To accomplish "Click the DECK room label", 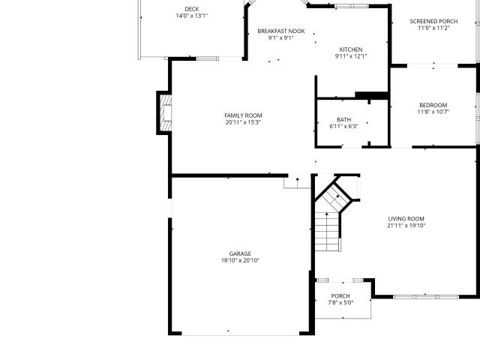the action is [192, 9].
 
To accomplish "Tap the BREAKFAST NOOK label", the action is [281, 31].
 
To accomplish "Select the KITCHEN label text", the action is [351, 49].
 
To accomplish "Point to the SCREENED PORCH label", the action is [433, 21].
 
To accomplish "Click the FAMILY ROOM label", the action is [243, 115].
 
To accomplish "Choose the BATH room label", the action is [344, 119].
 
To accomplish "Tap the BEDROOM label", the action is [433, 105].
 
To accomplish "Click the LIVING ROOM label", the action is [406, 218].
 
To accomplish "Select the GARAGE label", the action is [240, 253].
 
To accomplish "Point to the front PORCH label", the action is [340, 296].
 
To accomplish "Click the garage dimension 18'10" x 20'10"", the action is [240, 260].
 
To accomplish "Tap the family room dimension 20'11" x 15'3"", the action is [243, 122].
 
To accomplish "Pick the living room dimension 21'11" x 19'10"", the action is [406, 226].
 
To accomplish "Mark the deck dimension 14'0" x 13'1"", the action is [192, 16].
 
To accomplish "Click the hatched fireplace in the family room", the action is [166, 113].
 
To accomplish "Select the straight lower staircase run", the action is [327, 232].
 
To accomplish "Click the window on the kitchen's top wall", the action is [352, 6].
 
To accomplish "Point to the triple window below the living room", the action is [426, 297].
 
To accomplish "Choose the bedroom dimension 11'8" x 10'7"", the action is [433, 112].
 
